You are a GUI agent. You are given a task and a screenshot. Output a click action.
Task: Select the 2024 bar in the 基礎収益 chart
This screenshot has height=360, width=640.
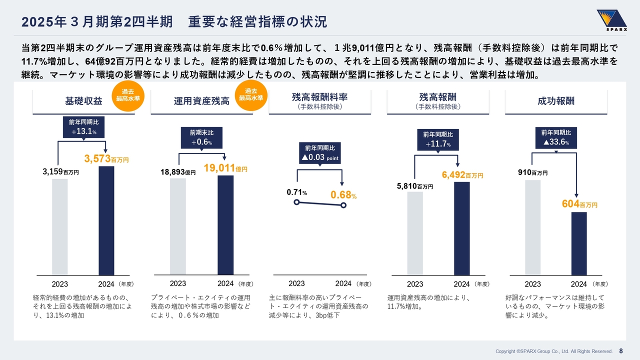click(106, 220)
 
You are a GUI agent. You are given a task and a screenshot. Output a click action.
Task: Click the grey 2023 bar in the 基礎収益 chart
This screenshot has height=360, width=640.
click(59, 226)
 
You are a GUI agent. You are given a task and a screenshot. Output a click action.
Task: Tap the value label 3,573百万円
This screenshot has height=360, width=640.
click(106, 159)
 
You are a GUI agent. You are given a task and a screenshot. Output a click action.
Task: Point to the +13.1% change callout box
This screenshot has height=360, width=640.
click(83, 127)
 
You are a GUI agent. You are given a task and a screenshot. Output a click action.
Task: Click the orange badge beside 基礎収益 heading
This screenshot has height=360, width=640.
click(127, 95)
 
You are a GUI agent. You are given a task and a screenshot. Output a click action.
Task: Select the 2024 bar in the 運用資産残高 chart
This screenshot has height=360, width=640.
click(225, 224)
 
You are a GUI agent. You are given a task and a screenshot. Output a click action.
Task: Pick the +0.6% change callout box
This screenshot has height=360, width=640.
click(201, 138)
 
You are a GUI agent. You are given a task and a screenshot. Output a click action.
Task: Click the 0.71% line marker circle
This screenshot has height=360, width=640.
click(296, 202)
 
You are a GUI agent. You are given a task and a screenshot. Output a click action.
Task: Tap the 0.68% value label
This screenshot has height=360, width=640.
click(343, 194)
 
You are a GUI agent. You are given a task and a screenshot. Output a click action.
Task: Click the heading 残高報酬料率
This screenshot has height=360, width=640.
click(319, 97)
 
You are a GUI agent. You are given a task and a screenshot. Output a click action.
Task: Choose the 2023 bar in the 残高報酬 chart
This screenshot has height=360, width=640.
click(415, 233)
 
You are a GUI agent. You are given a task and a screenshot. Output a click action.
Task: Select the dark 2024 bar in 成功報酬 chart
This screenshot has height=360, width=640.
click(579, 243)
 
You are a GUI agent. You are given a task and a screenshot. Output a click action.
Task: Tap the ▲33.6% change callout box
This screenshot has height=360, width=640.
click(556, 137)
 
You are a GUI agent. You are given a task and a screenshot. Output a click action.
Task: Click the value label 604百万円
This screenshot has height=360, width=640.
click(579, 204)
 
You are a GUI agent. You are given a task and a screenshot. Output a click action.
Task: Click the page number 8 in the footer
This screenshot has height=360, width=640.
click(621, 350)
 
